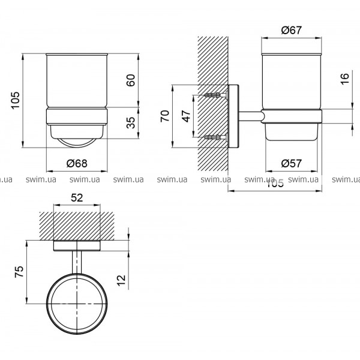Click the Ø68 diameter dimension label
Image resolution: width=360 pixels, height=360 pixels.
pos(77,163)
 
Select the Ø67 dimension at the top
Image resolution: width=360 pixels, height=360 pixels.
pos(292,31)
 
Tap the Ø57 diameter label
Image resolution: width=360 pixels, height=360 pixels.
pos(292,163)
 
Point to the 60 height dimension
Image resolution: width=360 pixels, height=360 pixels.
pos(131,80)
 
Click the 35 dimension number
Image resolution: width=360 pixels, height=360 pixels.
pos(131,122)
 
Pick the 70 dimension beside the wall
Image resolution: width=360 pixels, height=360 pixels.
pos(165,116)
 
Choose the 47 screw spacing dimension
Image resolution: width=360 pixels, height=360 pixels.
pos(186,116)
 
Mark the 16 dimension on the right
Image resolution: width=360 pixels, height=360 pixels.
pos(345,79)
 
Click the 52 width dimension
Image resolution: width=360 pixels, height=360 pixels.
pos(77,197)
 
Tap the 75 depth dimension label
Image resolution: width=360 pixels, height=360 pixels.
pos(19,272)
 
